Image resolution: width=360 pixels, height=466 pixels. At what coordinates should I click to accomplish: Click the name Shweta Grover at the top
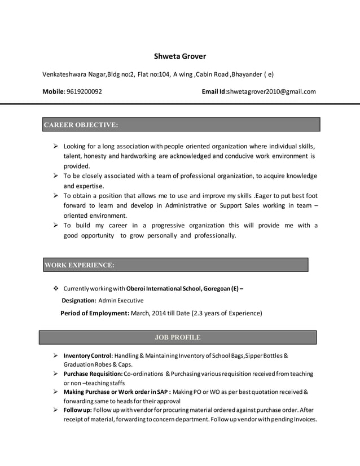pyautogui.click(x=180, y=56)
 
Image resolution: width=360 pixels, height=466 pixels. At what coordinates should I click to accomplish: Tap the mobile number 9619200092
pyautogui.click(x=84, y=91)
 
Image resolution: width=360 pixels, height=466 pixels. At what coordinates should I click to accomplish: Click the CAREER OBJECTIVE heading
pyautogui.click(x=81, y=125)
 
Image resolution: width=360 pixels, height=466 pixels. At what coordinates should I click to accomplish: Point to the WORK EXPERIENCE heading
pyautogui.click(x=79, y=265)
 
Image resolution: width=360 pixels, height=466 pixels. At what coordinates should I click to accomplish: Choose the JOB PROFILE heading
pyautogui.click(x=177, y=337)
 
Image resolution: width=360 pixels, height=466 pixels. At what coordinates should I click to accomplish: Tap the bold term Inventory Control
pyautogui.click(x=87, y=355)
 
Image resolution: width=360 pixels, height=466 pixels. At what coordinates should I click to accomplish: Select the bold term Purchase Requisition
pyautogui.click(x=93, y=373)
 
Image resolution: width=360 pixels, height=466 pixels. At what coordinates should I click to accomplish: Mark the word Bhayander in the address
pyautogui.click(x=247, y=74)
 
